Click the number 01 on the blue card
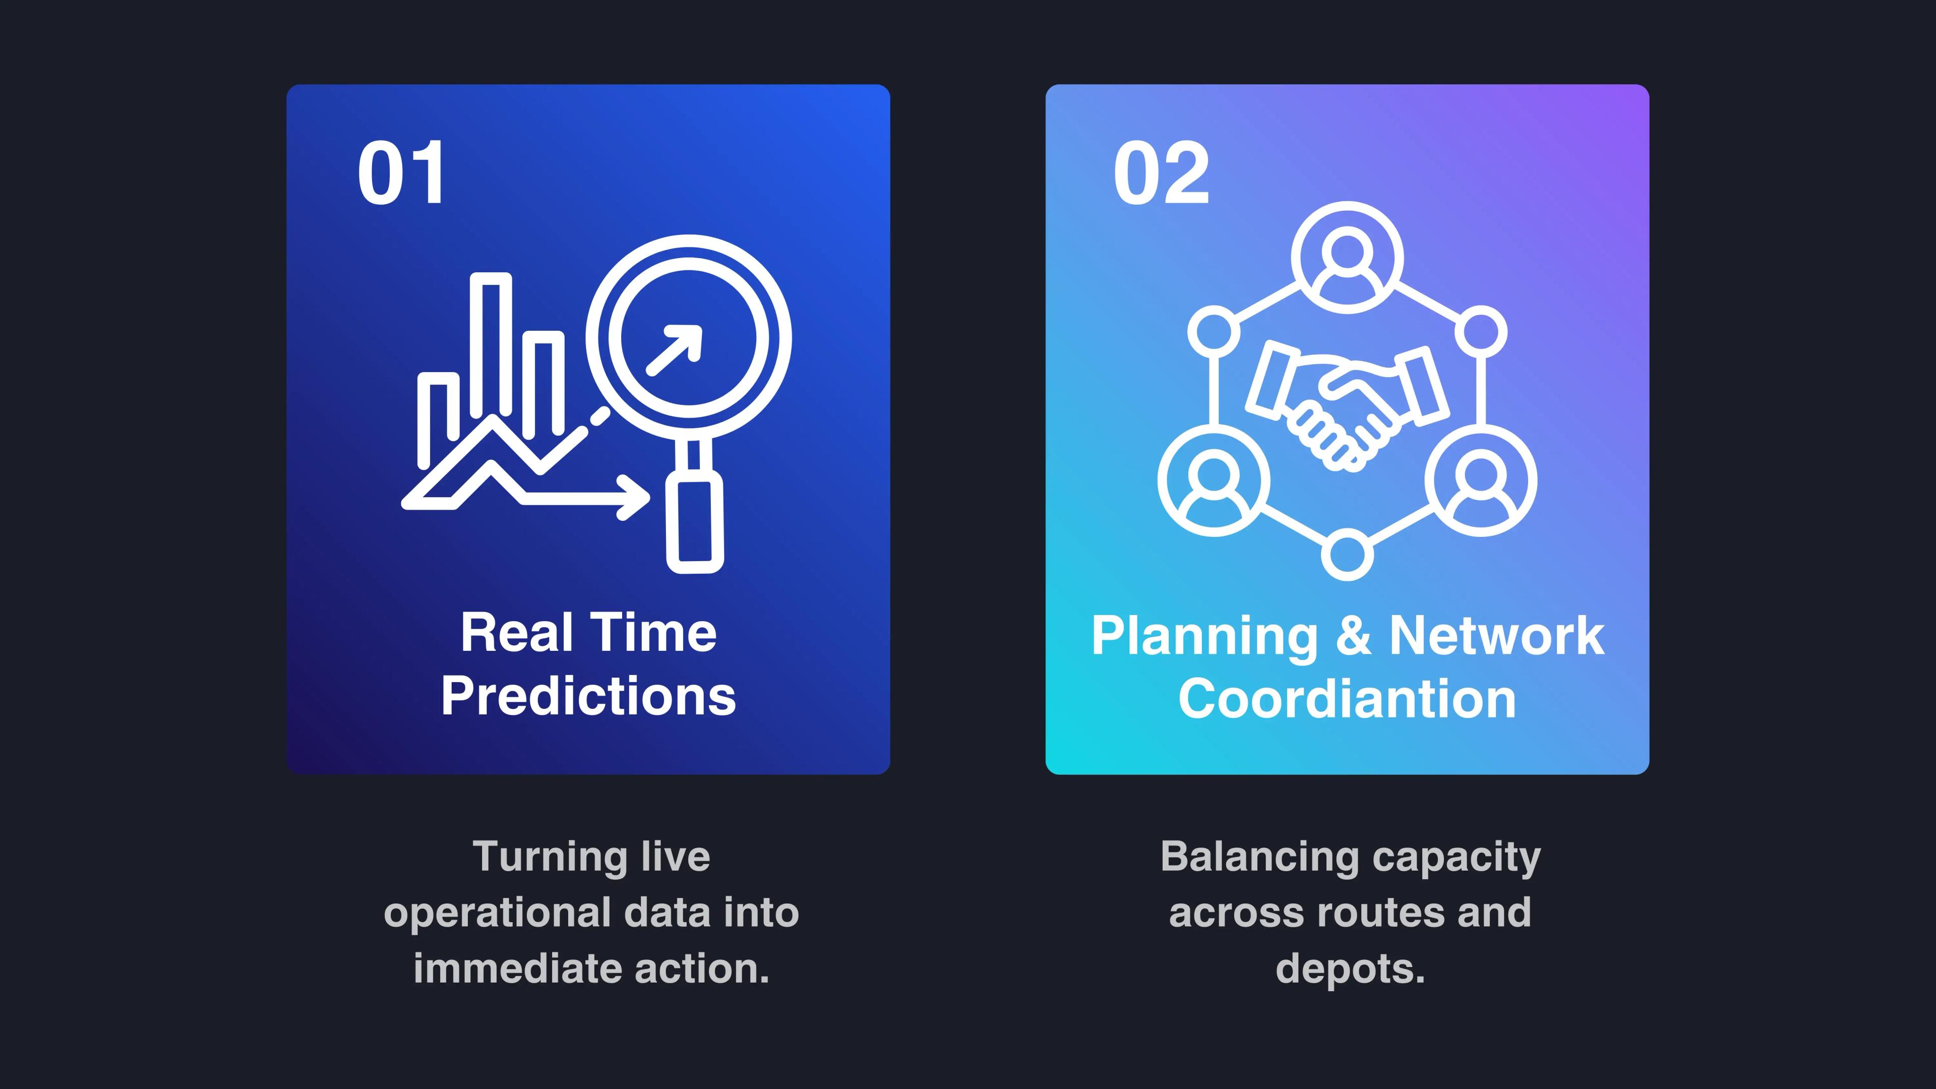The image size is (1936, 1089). point(401,173)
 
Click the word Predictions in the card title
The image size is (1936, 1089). point(588,696)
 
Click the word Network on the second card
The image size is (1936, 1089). point(1497,636)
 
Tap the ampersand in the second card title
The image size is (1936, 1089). point(1354,636)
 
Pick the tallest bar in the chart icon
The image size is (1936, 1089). point(491,344)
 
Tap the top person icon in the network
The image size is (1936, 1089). point(1348,258)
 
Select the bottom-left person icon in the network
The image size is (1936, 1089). point(1214,481)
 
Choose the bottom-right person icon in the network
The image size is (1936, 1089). point(1481,481)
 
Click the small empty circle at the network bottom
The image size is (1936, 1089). point(1348,555)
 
